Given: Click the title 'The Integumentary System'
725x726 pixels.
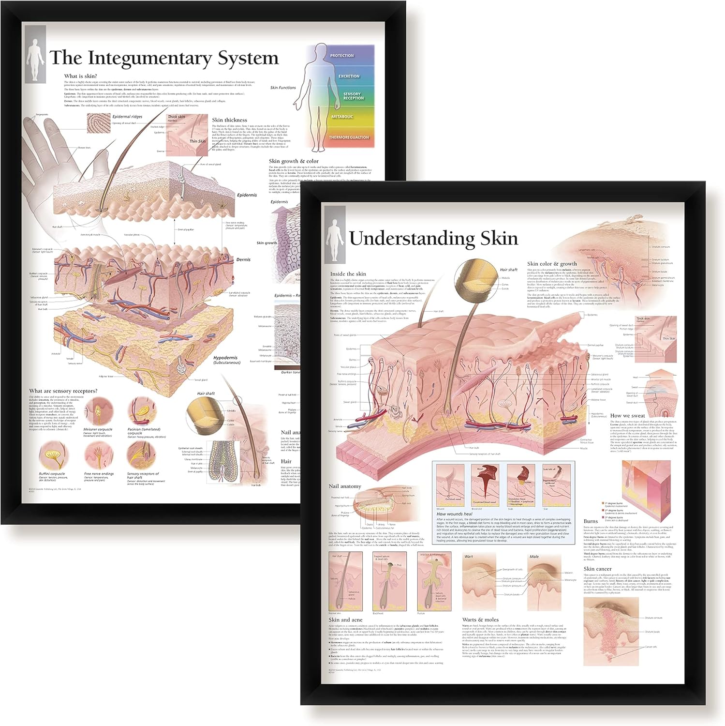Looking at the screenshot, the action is [x=164, y=58].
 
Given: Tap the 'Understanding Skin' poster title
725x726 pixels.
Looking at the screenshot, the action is [x=433, y=239].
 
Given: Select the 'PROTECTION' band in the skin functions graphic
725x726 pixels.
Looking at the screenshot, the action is [x=342, y=56].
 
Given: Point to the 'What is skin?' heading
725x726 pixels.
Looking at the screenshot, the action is [x=80, y=76].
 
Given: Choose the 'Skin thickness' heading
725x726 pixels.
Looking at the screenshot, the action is [x=229, y=120].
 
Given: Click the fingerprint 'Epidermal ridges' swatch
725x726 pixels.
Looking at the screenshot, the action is [x=98, y=123].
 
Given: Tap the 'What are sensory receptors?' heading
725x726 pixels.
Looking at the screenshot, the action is [x=63, y=391].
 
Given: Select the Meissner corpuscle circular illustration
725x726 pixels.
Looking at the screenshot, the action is [x=98, y=411].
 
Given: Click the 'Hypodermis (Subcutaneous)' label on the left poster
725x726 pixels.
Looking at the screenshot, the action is [x=226, y=360].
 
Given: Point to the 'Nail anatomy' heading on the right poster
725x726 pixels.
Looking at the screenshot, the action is [x=345, y=486].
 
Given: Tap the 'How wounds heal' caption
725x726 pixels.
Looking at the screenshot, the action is [x=454, y=514].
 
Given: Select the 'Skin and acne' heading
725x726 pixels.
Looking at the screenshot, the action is [x=345, y=620].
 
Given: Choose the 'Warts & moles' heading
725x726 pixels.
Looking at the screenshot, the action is [x=480, y=620].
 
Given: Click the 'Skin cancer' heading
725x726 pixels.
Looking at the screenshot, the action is [x=597, y=569].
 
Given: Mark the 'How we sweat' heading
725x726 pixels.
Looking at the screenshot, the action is [x=627, y=416].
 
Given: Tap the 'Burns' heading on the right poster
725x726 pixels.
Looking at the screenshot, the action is [x=591, y=522].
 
